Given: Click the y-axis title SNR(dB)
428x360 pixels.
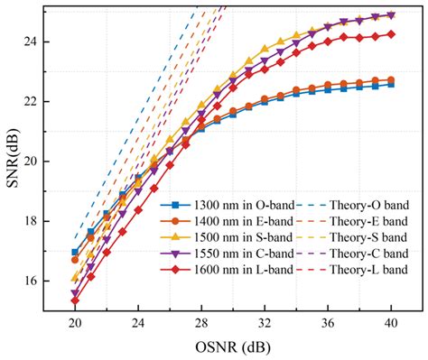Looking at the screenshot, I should [12, 161].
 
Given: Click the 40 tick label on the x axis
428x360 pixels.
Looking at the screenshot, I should [390, 323].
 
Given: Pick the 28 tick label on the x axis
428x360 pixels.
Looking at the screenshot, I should [200, 323].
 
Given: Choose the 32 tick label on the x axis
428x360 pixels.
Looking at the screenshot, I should [264, 323].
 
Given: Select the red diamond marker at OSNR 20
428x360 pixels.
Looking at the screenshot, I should [75, 300].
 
